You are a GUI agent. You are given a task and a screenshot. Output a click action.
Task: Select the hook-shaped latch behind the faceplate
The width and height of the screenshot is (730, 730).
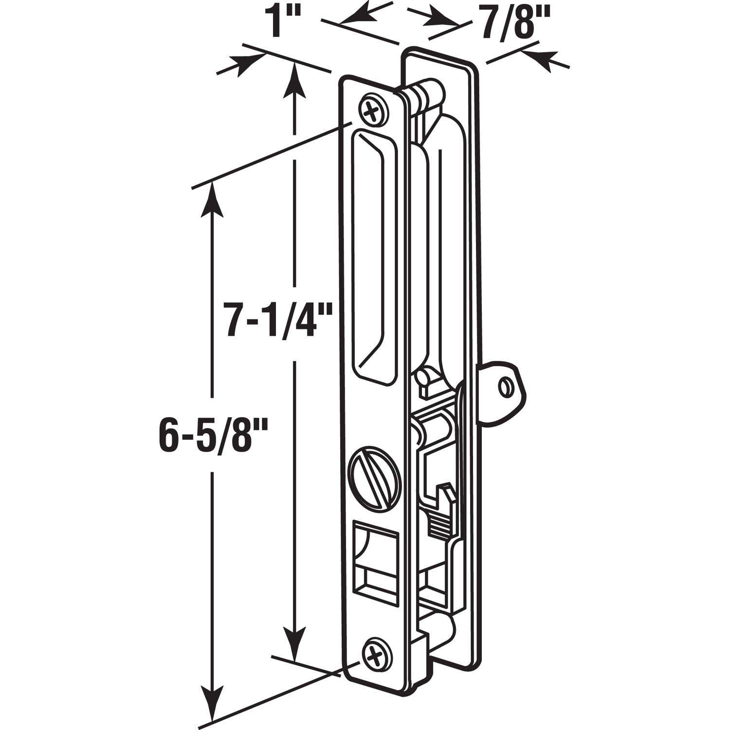click(440, 506)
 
